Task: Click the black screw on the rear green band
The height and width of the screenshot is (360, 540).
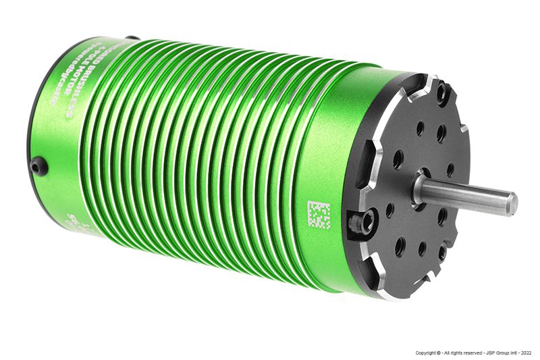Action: click(40, 165)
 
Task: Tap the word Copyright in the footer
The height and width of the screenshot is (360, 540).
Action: click(426, 353)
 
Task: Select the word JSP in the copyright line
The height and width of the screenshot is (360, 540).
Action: click(485, 353)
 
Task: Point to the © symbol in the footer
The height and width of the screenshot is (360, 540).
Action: click(440, 353)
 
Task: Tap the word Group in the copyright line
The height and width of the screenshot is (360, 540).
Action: click(499, 353)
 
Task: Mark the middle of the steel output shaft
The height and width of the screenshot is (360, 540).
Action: click(466, 195)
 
